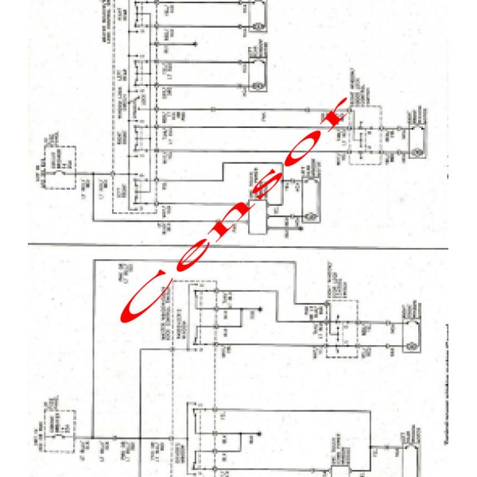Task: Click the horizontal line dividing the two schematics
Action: coord(238,243)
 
